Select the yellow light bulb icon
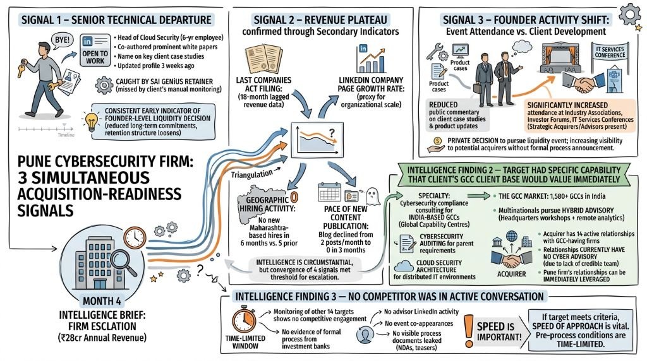pos(91,121)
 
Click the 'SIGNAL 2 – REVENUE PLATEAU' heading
pos(320,20)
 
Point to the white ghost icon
pos(373,196)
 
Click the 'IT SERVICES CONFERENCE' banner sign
pos(610,52)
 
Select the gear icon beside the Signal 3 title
pos(630,15)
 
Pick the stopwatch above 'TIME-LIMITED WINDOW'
pos(244,319)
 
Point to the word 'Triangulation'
pos(251,174)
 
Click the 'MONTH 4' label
pos(102,301)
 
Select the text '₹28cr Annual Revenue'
pos(103,338)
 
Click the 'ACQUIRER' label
pos(511,274)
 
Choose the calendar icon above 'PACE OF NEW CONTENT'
pos(329,192)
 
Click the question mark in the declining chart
pos(331,133)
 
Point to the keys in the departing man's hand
pos(21,68)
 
